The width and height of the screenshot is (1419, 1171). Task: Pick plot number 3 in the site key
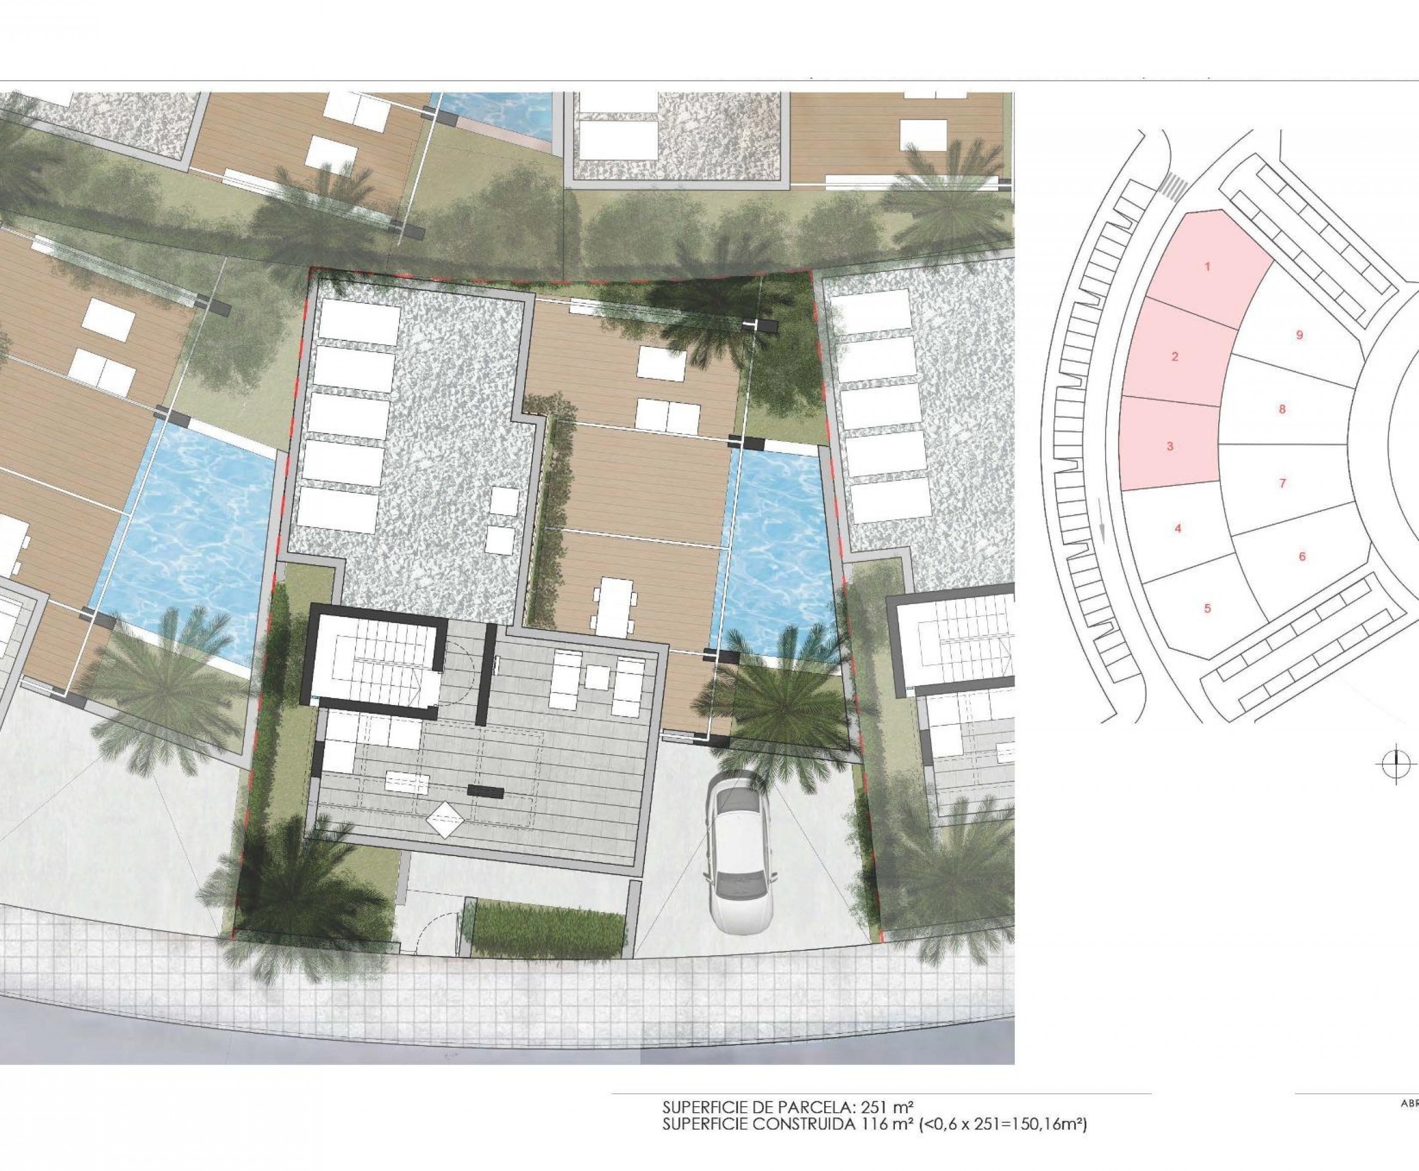tap(1170, 446)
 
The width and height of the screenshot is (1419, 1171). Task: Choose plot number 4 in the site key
tap(1178, 529)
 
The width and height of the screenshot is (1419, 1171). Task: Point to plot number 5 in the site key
tap(1207, 608)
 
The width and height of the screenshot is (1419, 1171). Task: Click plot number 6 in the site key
tap(1302, 557)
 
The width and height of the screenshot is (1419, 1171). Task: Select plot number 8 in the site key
tap(1282, 409)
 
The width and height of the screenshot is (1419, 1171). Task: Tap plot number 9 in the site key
tap(1300, 335)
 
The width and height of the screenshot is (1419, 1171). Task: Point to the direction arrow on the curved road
tap(1103, 527)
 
